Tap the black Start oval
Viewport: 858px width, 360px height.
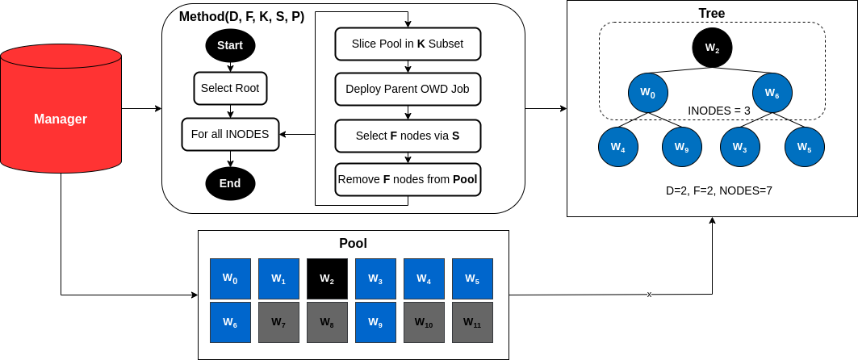[x=230, y=46]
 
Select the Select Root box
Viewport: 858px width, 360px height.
[x=230, y=88]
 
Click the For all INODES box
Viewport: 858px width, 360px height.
[x=230, y=134]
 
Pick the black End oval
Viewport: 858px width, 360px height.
[x=230, y=183]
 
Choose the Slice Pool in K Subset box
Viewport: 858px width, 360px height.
[x=408, y=44]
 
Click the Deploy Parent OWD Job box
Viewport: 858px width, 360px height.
[x=408, y=89]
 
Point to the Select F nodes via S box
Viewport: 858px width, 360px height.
[x=408, y=136]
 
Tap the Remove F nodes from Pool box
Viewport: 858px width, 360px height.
[x=408, y=179]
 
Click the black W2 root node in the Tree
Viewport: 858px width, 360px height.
[x=712, y=48]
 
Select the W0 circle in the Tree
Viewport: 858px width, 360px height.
[x=648, y=93]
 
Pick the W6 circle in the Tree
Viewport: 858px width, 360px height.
[x=772, y=93]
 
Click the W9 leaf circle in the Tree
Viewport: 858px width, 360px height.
[x=682, y=147]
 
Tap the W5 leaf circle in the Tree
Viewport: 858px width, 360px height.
[x=804, y=147]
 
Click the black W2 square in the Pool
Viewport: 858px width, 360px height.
[x=327, y=278]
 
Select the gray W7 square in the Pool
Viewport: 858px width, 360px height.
[x=278, y=322]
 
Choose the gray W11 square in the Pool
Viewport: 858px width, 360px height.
[x=472, y=322]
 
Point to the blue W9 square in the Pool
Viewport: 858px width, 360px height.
[x=375, y=322]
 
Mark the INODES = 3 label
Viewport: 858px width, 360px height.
[x=718, y=110]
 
